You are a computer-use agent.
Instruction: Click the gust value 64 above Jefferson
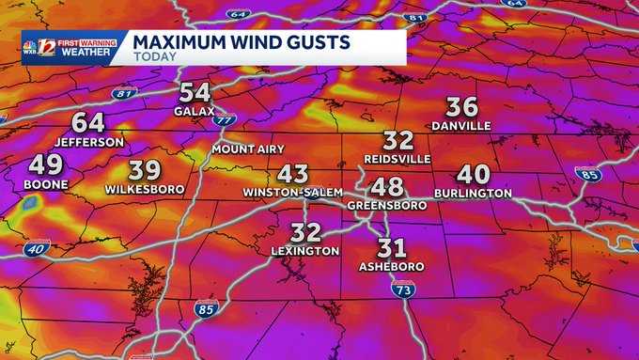click(x=87, y=123)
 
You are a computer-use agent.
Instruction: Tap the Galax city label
click(x=195, y=111)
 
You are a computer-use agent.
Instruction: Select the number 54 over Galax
click(x=195, y=92)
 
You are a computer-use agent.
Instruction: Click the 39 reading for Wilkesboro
click(x=144, y=170)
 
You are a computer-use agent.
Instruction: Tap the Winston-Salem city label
click(x=292, y=192)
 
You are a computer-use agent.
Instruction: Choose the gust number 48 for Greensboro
click(x=387, y=186)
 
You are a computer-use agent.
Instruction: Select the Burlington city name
click(x=473, y=193)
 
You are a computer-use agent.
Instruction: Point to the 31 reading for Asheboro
click(x=391, y=248)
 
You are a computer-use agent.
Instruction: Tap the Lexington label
click(x=304, y=251)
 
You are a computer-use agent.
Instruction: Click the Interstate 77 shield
click(x=226, y=120)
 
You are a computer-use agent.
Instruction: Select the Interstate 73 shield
click(x=402, y=290)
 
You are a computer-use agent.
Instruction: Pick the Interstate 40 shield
click(x=37, y=248)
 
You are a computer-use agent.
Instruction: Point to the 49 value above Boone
click(x=45, y=165)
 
